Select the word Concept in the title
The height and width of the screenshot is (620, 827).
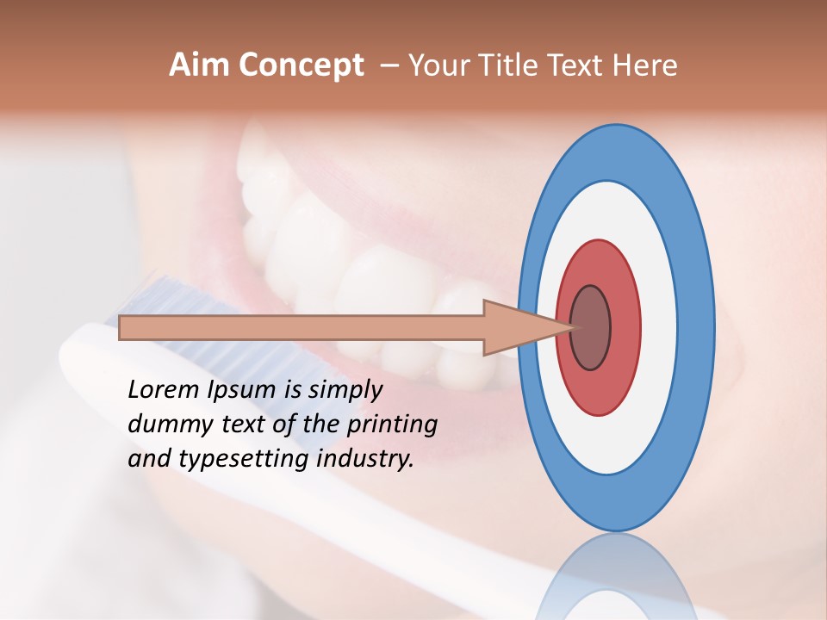point(301,65)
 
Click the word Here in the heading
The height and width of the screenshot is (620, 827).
point(645,65)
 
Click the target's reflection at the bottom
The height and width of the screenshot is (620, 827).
point(615,577)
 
